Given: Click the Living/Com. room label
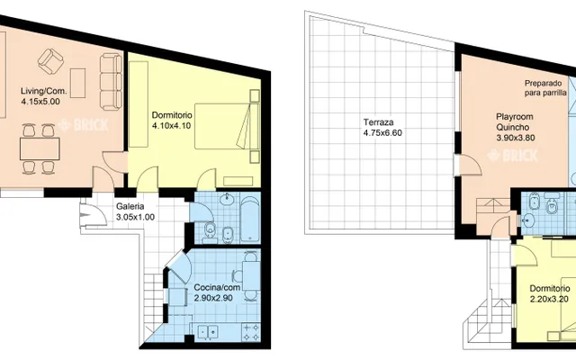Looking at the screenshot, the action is (43, 91).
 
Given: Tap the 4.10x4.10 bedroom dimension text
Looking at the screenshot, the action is (172, 126).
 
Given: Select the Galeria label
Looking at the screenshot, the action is (130, 207).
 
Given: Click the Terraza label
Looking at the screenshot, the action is (378, 122).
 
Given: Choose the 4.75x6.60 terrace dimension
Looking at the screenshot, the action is (382, 132).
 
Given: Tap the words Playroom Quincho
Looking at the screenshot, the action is (514, 122).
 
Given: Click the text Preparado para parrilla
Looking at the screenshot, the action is (545, 88).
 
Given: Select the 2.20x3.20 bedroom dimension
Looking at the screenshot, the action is (549, 299).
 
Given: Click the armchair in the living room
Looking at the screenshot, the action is (50, 61).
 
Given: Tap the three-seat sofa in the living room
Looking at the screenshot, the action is (111, 82).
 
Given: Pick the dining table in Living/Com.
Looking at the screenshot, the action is (40, 148).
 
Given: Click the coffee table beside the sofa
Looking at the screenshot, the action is (78, 83).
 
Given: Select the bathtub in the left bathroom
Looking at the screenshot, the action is (250, 220).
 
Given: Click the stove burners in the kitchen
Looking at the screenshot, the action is (251, 332).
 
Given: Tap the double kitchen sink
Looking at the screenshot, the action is (208, 332).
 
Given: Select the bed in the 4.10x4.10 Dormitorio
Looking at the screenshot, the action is (227, 126).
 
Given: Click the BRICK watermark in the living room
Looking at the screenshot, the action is (84, 125).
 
